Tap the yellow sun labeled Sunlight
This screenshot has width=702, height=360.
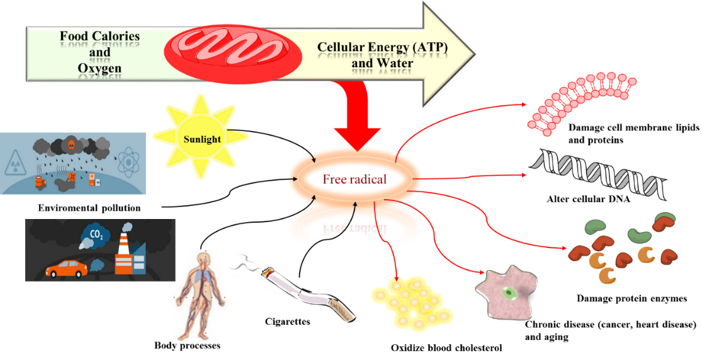203,139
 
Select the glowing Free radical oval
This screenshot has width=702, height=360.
354,179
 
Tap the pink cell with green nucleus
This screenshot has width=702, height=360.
503,293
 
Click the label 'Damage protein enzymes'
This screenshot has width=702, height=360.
631,298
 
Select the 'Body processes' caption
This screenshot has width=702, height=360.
187,345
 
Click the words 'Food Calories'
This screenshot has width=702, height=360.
100,37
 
